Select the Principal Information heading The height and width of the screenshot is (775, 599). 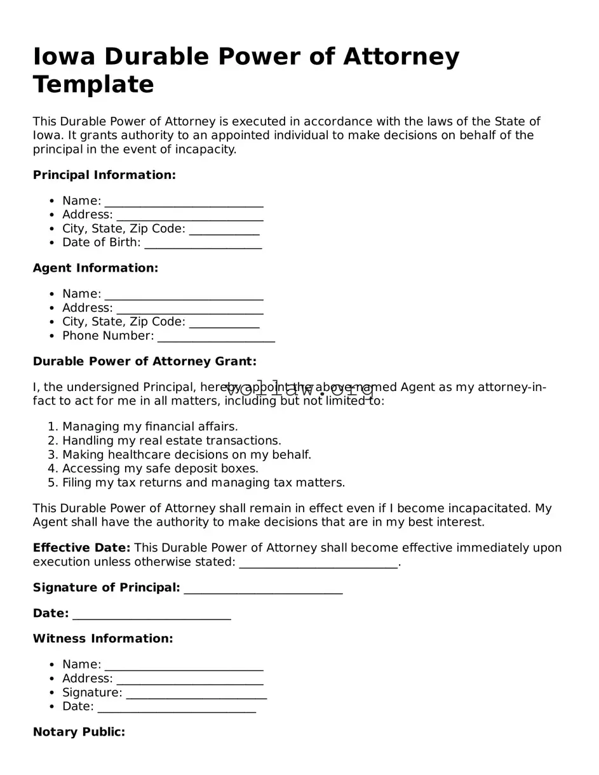[104, 175]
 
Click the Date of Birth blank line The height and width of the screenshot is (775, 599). [203, 243]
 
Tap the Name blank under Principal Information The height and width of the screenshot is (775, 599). [184, 201]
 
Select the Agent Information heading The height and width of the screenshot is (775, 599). [95, 268]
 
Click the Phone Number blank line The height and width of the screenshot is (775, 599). [216, 336]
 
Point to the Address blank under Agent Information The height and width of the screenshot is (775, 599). [189, 308]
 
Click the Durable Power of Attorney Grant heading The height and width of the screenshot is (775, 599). [144, 361]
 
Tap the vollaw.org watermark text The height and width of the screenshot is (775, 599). [299, 390]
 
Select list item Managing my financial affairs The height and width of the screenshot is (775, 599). [150, 427]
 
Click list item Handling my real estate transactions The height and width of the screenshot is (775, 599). [172, 440]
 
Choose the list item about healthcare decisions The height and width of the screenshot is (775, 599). [187, 454]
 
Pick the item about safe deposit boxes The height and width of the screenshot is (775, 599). [160, 468]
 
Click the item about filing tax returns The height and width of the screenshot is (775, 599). [203, 482]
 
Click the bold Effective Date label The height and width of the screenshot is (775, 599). [81, 548]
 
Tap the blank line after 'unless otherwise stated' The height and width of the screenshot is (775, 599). [318, 563]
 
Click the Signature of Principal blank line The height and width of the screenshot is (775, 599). [263, 588]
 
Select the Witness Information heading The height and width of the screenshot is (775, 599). [103, 639]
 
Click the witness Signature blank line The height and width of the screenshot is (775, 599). [196, 693]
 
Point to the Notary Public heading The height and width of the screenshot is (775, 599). [79, 732]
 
